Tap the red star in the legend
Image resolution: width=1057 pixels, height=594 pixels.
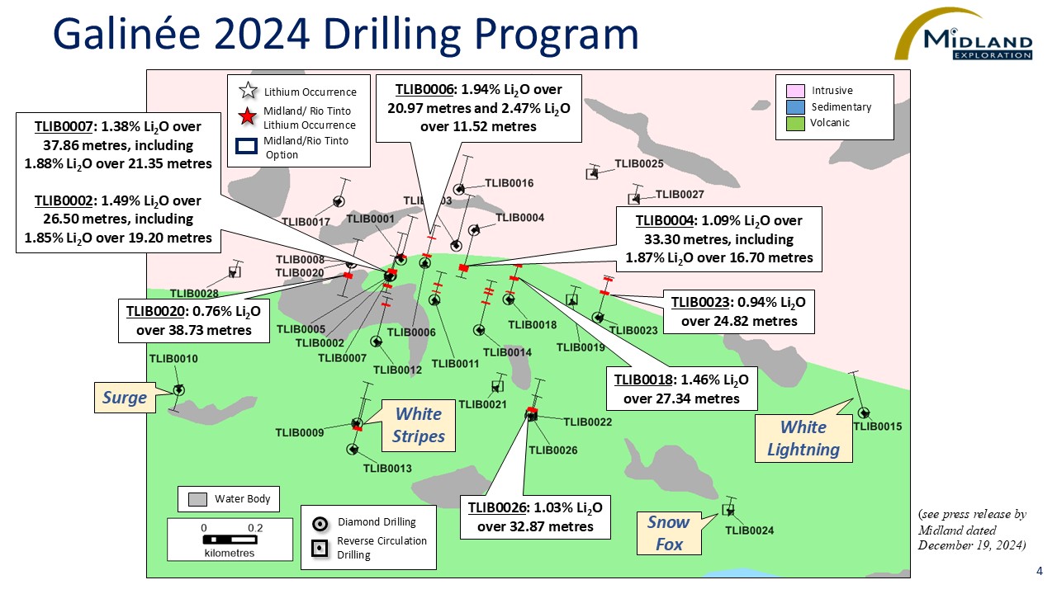[247, 116]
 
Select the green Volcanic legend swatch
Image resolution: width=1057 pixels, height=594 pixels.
[795, 124]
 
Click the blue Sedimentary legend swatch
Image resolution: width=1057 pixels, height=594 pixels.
[795, 107]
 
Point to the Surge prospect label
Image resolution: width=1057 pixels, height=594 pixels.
[125, 398]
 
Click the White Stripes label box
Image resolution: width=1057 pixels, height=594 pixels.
[419, 425]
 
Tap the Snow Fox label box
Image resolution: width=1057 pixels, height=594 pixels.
[669, 533]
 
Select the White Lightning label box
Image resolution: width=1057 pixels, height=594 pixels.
[803, 438]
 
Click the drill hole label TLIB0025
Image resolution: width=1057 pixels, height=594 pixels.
[639, 163]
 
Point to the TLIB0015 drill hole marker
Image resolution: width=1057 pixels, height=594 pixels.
[864, 413]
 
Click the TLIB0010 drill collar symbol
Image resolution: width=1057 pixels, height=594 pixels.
[179, 390]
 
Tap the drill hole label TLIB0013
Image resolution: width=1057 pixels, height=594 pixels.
[387, 468]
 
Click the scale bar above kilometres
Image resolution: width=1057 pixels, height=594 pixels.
[230, 540]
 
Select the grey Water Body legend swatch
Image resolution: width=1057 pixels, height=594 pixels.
[197, 499]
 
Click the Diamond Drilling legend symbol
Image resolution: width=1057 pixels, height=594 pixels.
[320, 524]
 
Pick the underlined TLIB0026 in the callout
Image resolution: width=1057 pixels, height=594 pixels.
[497, 507]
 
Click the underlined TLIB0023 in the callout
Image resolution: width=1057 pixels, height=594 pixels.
[700, 302]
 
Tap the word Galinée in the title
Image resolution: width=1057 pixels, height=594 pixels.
[127, 34]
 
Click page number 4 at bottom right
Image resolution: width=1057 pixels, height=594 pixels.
[1039, 571]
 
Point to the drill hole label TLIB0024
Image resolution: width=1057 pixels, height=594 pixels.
[749, 530]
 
